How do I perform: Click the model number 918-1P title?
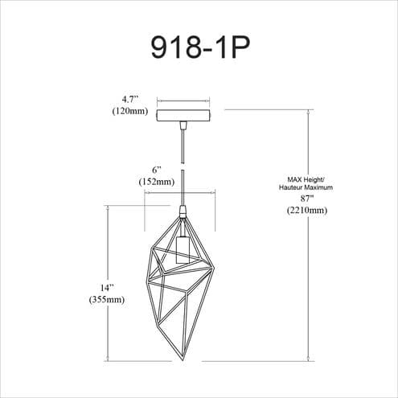click(x=200, y=47)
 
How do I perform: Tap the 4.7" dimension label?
click(x=130, y=99)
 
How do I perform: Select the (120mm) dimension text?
click(x=130, y=111)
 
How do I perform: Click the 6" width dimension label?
click(x=157, y=170)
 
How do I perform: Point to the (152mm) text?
click(x=157, y=182)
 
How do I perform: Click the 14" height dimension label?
click(x=107, y=288)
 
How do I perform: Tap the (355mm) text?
click(x=107, y=299)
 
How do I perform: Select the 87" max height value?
click(x=307, y=199)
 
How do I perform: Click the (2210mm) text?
click(x=307, y=210)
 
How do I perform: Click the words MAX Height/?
click(x=306, y=179)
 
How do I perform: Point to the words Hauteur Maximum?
click(x=306, y=187)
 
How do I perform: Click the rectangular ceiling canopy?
click(x=183, y=115)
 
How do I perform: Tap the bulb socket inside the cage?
click(x=183, y=250)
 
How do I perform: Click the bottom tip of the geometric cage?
click(x=183, y=360)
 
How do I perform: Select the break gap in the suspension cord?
click(x=183, y=166)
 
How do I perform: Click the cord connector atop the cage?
click(x=183, y=211)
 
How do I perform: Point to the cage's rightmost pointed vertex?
click(x=215, y=268)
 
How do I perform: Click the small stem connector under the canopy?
click(x=183, y=125)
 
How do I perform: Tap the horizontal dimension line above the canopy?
click(x=183, y=101)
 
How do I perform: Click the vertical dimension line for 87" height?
click(x=309, y=236)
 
